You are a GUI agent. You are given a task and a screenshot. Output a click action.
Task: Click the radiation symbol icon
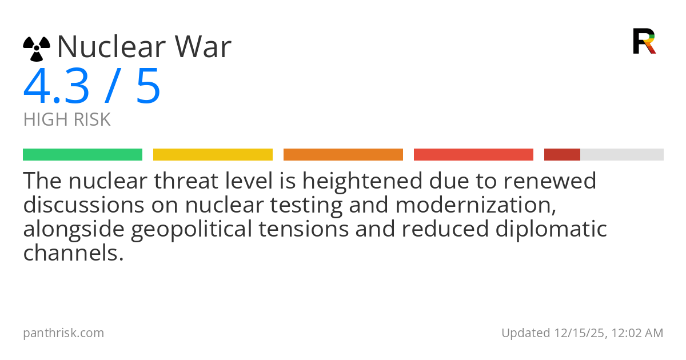coord(37,49)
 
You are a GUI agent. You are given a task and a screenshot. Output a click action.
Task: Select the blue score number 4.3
coord(56,87)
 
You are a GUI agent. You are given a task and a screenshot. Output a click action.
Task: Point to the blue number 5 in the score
coord(148,87)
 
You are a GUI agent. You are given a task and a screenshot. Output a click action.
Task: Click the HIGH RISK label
coord(67,120)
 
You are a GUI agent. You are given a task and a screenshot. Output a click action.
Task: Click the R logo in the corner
coord(644,41)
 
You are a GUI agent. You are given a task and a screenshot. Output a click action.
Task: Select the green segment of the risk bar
coord(82,155)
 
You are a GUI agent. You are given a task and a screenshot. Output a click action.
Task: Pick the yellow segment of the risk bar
coord(213,155)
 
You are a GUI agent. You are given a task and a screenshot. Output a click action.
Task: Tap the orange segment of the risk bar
coord(343,155)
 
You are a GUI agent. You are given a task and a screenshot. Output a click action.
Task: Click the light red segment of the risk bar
coord(473,155)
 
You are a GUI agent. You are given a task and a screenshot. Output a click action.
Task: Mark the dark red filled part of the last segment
coord(562,155)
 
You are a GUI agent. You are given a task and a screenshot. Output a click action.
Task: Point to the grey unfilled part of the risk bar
coord(622,155)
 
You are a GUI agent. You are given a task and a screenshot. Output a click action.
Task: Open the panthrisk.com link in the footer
coord(63,333)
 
